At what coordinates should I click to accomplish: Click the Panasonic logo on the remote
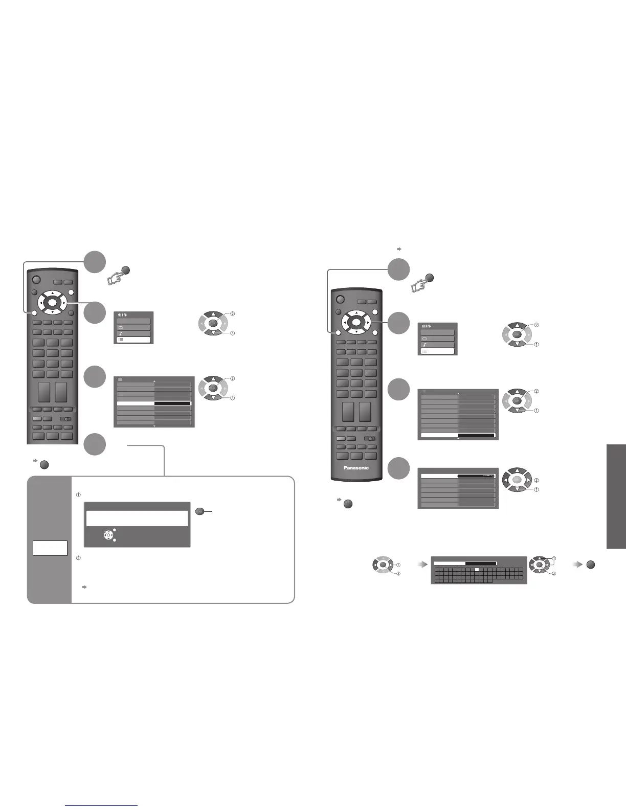(356, 467)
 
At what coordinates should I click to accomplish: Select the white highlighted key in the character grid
(476, 569)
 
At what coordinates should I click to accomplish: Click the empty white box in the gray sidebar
(50, 548)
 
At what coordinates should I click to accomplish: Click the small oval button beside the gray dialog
(200, 510)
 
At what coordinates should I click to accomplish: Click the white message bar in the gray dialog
(137, 518)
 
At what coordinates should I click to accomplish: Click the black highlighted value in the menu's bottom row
(476, 436)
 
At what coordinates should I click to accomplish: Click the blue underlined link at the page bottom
(102, 806)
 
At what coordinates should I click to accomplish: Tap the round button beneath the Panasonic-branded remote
(348, 504)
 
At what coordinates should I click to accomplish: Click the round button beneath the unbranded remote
(43, 465)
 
